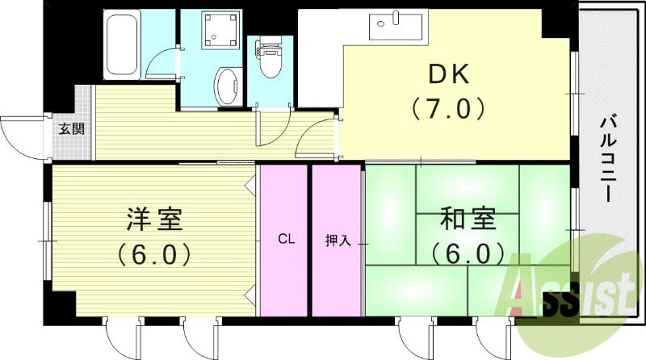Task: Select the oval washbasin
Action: [227, 86]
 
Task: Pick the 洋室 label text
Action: [154, 219]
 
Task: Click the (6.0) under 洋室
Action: [154, 254]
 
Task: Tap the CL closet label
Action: [284, 239]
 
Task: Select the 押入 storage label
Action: [338, 241]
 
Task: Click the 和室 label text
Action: [468, 219]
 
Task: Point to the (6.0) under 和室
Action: [468, 254]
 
